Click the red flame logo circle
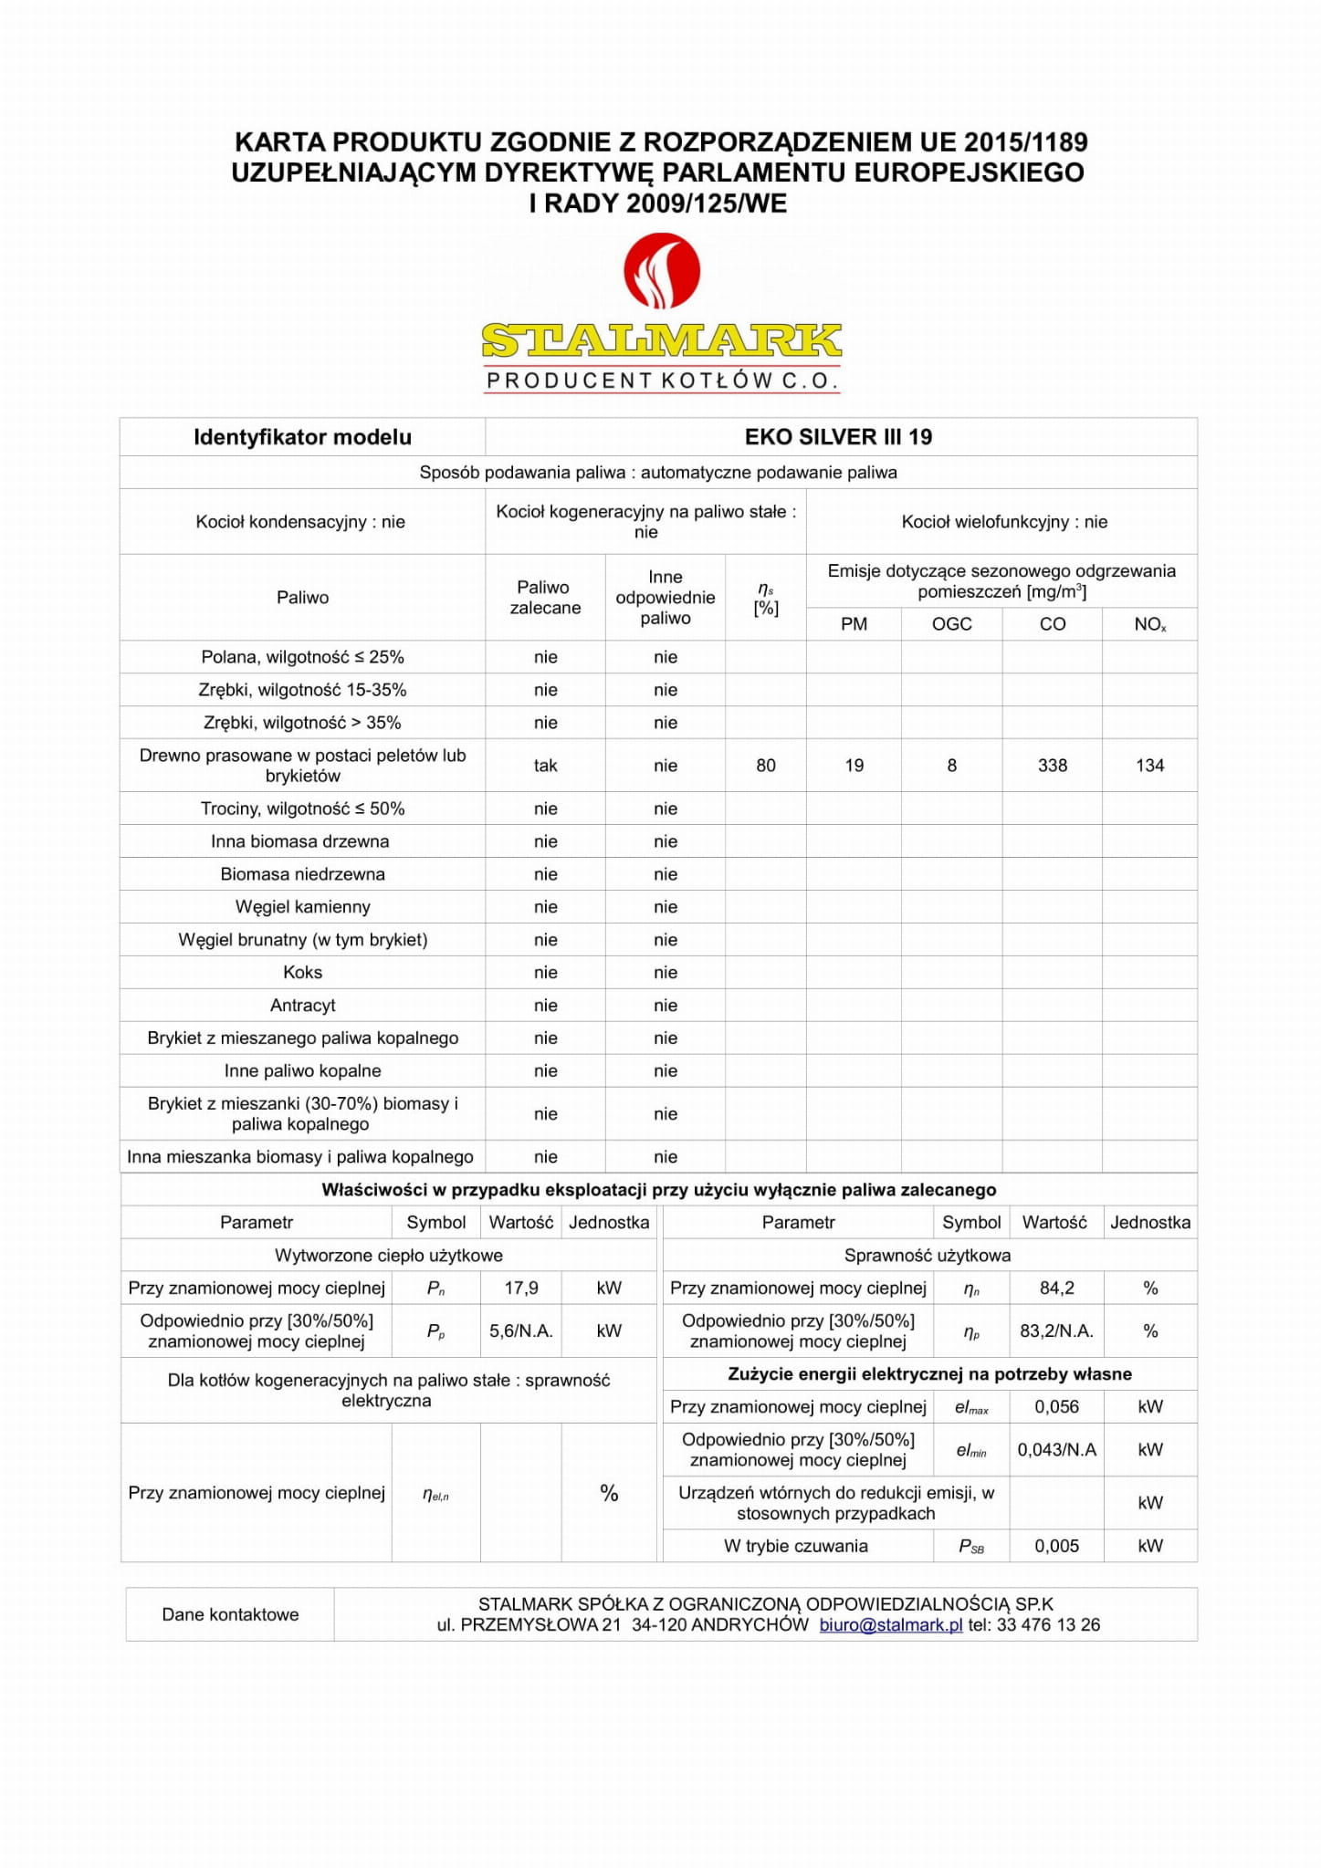661,271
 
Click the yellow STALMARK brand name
661,341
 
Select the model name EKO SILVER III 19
838,437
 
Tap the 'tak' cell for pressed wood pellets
545,766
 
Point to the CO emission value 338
1052,766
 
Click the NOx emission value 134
1149,766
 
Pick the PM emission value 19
854,766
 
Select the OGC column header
951,624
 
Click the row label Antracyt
302,1006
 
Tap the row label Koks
302,973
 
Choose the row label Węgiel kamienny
302,907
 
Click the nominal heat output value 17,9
521,1288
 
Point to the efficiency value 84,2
1056,1288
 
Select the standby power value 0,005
1056,1546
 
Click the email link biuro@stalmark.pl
891,1624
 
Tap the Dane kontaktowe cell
230,1614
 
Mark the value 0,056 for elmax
1056,1406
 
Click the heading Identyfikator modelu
302,437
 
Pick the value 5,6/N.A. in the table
521,1331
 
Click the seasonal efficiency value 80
766,766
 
